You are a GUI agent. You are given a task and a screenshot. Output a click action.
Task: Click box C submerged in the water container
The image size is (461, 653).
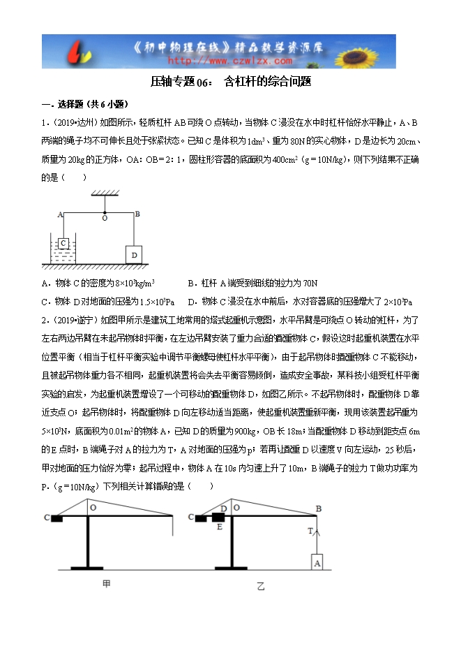click(x=63, y=244)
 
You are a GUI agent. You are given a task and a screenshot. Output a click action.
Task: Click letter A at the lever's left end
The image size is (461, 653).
click(x=60, y=214)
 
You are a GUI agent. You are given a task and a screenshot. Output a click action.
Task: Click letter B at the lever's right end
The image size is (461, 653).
click(x=137, y=213)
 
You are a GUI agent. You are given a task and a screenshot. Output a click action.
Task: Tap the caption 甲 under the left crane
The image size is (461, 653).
click(x=107, y=583)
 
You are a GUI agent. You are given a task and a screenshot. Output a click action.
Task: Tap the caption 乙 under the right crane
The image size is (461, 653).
click(x=260, y=587)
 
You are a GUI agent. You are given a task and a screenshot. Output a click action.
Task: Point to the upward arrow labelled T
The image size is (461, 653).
click(x=315, y=538)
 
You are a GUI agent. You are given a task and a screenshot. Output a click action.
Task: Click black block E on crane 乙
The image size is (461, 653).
click(x=218, y=518)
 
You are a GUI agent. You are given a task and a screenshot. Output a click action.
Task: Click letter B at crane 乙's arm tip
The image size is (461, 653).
click(x=318, y=508)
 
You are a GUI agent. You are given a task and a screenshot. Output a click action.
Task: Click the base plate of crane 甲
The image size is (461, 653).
click(x=87, y=568)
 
